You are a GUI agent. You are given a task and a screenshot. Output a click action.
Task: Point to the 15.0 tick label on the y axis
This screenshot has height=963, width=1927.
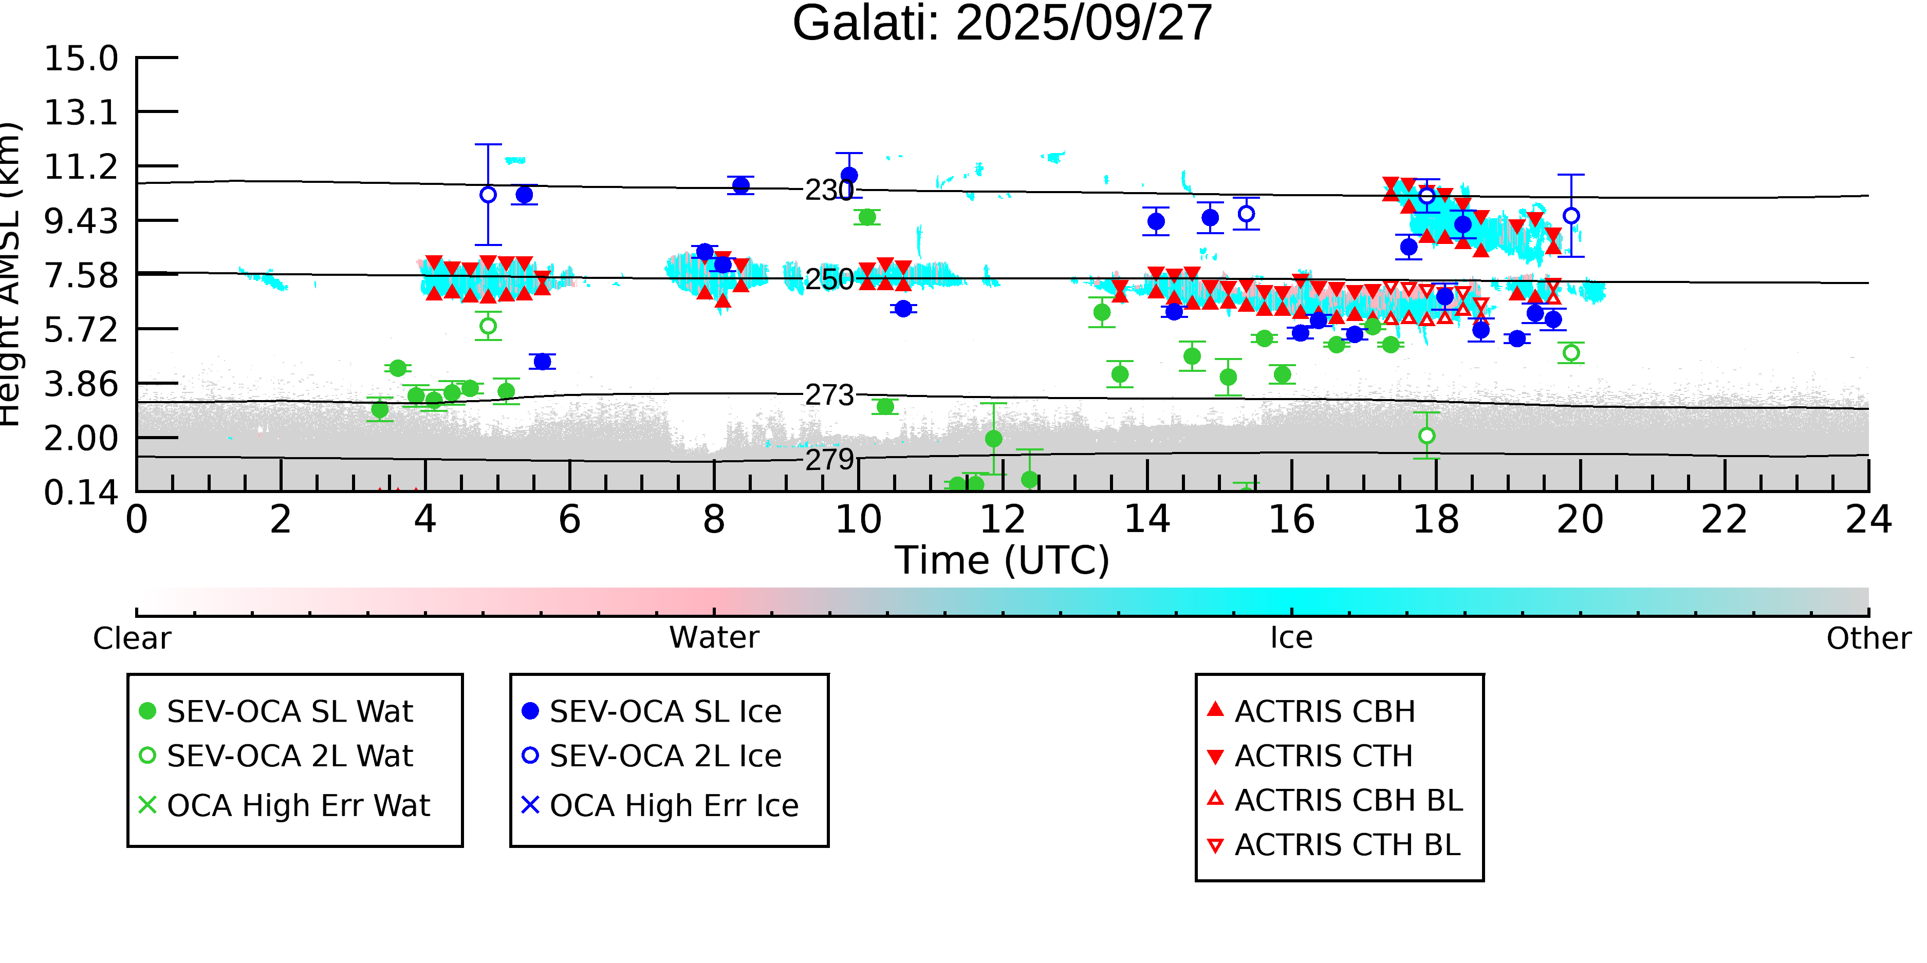click(x=81, y=59)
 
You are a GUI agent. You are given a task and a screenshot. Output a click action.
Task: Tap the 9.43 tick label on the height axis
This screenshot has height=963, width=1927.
click(x=81, y=221)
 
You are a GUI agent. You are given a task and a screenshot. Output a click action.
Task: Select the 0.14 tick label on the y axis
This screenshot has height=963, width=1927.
click(x=81, y=493)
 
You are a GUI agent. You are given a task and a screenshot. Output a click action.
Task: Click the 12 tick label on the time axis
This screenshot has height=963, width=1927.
click(x=1003, y=520)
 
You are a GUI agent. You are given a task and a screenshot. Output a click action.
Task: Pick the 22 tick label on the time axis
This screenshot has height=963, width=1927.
click(x=1724, y=520)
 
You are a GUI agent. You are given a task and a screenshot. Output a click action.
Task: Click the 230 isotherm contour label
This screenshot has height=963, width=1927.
click(x=829, y=191)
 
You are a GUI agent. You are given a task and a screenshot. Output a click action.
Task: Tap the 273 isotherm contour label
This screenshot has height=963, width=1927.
click(x=829, y=395)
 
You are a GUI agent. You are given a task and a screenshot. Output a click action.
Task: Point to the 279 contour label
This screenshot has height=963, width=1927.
click(x=829, y=459)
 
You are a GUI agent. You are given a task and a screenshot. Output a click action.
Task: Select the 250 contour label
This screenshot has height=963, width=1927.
click(x=829, y=279)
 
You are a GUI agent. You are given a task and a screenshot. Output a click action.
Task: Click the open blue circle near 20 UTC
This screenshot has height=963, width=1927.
click(x=1571, y=216)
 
